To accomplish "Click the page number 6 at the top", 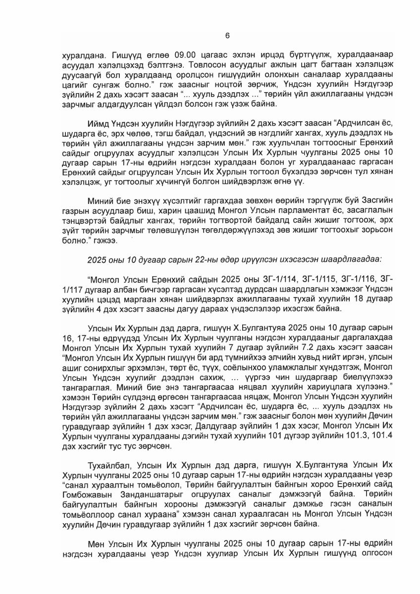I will (227, 36).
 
